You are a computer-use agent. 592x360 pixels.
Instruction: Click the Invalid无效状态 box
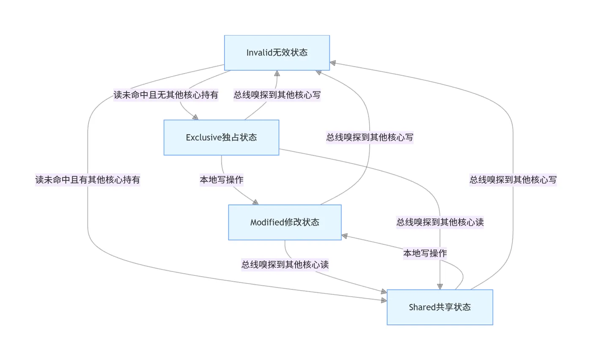click(x=277, y=53)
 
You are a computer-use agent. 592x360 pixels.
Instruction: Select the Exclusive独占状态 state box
click(x=222, y=137)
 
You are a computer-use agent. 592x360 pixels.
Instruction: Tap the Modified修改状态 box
click(x=285, y=222)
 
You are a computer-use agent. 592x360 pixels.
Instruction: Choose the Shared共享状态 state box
click(x=440, y=307)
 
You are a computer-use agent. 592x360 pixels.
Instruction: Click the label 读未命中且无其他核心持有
click(x=166, y=95)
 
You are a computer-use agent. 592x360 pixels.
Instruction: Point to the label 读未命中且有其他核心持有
click(x=88, y=180)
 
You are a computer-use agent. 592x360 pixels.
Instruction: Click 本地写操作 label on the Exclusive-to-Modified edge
click(x=222, y=180)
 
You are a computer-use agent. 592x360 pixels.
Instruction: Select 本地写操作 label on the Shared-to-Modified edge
click(x=425, y=253)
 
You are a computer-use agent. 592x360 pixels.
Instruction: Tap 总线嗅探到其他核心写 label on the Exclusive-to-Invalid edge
click(x=277, y=95)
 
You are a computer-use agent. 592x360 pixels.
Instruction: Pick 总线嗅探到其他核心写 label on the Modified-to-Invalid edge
click(x=370, y=137)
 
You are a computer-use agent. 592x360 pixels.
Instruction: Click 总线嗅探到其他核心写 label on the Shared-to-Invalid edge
click(x=513, y=180)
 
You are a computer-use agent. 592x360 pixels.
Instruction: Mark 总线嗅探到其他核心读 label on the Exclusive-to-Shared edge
click(x=440, y=222)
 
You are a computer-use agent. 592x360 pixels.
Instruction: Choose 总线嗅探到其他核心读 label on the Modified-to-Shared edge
click(x=285, y=264)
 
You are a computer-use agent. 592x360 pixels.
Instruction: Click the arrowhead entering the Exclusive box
click(x=195, y=117)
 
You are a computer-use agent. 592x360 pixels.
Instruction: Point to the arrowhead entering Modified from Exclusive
click(x=255, y=202)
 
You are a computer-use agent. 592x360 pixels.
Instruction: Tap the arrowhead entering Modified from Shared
click(x=344, y=236)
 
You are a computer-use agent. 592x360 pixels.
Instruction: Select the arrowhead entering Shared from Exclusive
click(x=440, y=286)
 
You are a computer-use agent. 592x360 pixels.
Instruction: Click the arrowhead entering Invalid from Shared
click(x=333, y=63)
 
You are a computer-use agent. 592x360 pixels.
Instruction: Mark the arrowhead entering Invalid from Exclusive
click(x=277, y=74)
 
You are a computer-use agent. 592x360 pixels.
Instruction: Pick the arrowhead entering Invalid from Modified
click(x=319, y=72)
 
